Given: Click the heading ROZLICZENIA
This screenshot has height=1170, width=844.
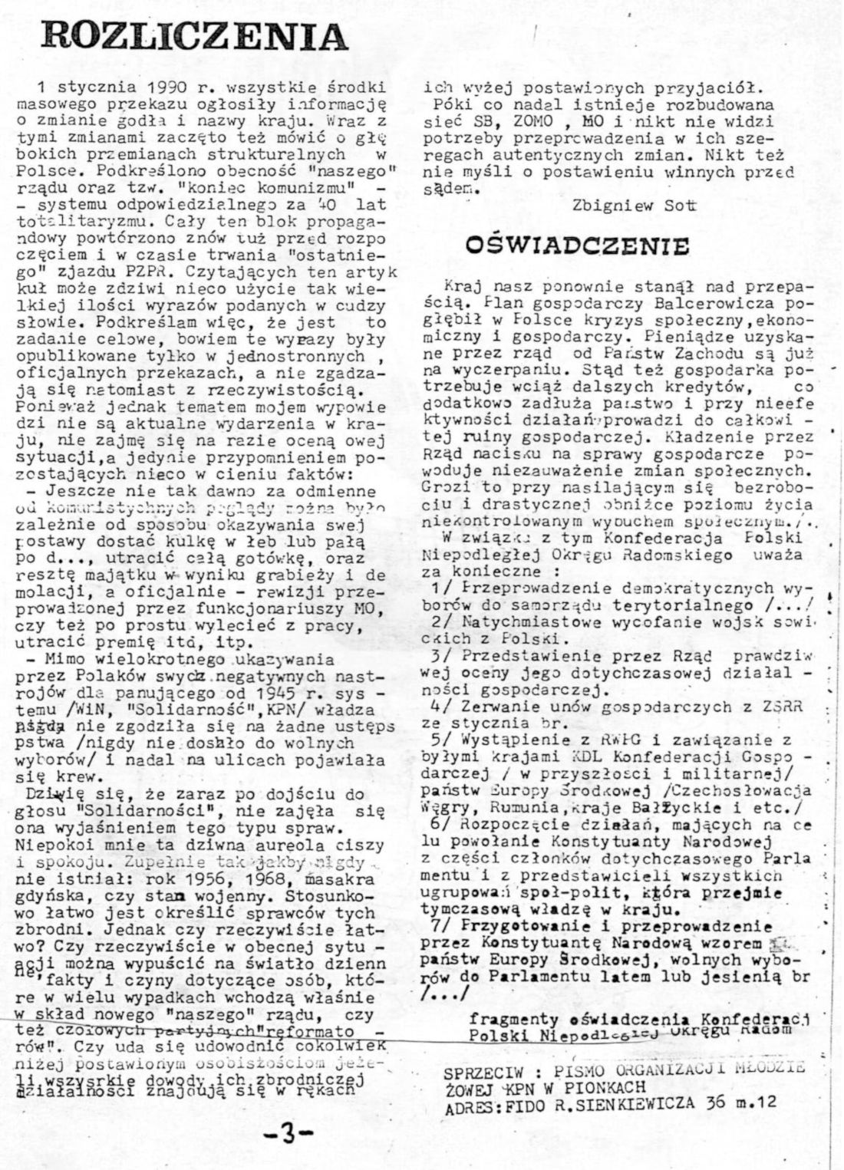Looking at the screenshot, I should [196, 36].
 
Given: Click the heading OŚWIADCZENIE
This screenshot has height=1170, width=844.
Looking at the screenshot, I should [578, 245].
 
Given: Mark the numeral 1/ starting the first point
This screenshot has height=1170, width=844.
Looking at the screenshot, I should [442, 588].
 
